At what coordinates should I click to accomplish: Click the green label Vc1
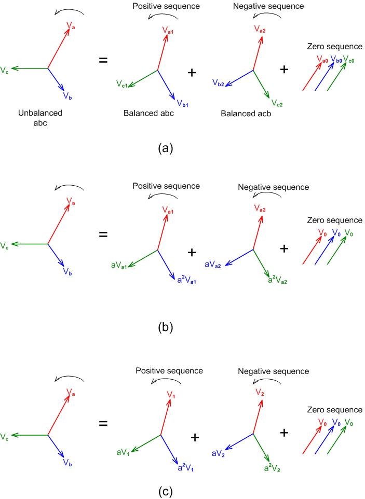123,84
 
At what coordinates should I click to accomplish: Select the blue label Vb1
182,104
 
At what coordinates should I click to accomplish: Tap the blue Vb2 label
218,82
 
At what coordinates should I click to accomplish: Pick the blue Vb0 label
337,60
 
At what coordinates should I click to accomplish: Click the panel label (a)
165,148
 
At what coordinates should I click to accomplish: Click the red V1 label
170,395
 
